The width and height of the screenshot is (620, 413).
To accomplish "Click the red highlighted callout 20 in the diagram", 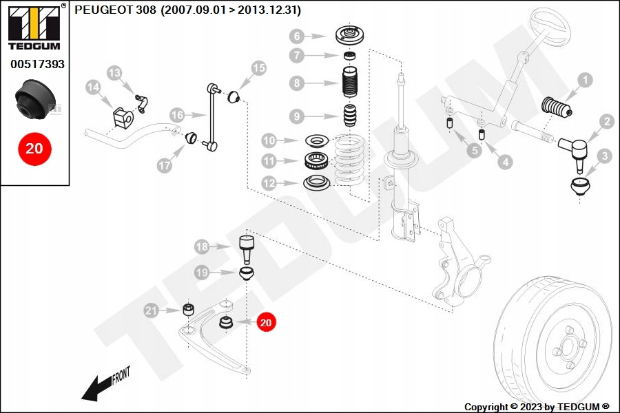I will tap(267, 321).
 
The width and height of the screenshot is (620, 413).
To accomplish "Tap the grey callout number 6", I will tap(296, 36).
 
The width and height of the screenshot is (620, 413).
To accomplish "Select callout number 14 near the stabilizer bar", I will tap(93, 87).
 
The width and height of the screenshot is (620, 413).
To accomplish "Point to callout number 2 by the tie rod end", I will tap(606, 122).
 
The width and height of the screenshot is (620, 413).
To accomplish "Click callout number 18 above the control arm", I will tap(201, 246).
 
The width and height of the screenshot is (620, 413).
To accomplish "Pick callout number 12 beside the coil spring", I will tap(269, 183).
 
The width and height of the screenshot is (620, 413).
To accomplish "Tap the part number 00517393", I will tap(37, 65).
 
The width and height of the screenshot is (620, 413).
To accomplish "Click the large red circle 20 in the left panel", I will tap(34, 147).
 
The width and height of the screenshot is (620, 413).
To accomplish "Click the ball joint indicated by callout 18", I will tap(247, 248).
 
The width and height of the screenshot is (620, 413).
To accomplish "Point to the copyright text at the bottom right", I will tap(537, 407).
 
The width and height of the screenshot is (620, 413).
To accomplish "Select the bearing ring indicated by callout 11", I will tap(318, 162).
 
